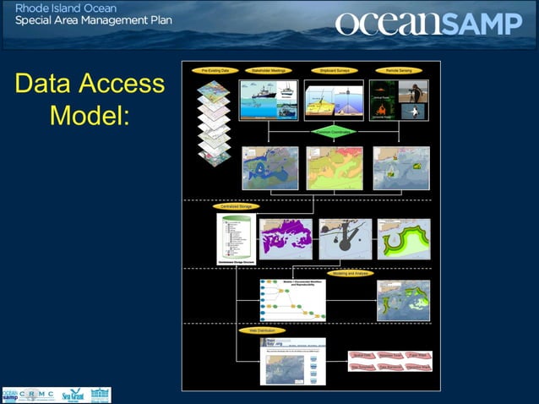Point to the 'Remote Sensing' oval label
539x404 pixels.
[399, 71]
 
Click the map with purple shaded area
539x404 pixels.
[286, 239]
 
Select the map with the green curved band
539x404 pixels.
[403, 239]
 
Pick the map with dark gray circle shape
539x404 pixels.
[345, 239]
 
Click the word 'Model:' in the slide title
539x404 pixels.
[90, 114]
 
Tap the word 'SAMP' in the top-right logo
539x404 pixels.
[483, 24]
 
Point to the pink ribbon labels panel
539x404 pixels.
[390, 361]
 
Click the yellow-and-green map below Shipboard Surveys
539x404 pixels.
[335, 168]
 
